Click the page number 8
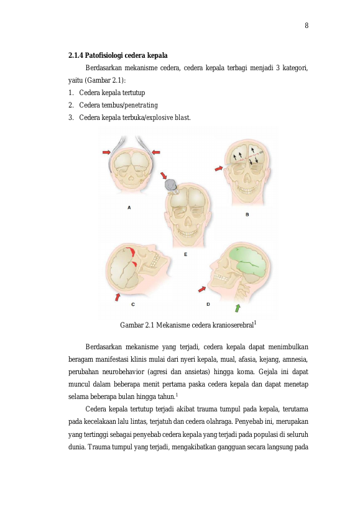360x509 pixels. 307,25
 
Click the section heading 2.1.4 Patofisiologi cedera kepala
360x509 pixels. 118,55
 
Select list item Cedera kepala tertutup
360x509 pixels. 112,93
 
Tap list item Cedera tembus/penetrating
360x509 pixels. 119,105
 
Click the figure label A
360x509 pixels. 129,208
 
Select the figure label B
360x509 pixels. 247,214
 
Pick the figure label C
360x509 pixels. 133,305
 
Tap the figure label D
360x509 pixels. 208,305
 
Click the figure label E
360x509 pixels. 186,255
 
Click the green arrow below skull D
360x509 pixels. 238,308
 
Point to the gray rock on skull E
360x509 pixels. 171,185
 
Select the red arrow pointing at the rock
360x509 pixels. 164,176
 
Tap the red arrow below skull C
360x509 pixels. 118,296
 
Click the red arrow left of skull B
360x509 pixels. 219,168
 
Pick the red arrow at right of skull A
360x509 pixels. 156,152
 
